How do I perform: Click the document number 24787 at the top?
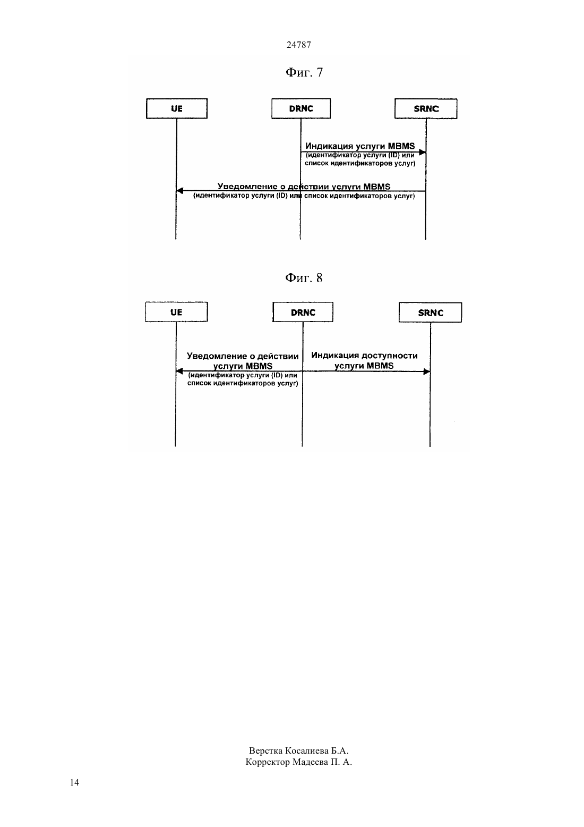click(298, 45)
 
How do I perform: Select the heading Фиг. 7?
click(304, 72)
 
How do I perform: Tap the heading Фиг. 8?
click(304, 278)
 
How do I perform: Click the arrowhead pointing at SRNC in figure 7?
click(423, 152)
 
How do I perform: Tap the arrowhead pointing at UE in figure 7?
click(179, 191)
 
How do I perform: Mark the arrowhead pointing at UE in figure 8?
click(179, 371)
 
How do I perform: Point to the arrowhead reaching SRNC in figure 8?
click(426, 372)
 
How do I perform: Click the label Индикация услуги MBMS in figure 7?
click(360, 146)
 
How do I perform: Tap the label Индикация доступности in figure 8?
click(364, 356)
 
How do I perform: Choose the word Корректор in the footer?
click(268, 762)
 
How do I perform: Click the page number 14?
click(74, 782)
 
